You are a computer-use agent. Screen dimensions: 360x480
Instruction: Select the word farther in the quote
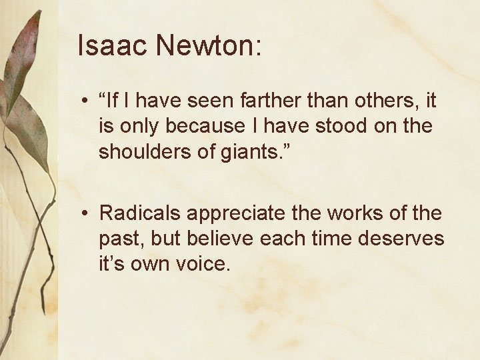tap(286, 101)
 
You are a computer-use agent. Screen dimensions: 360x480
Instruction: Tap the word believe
tap(217, 239)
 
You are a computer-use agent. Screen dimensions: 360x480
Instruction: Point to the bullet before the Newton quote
tap(85, 102)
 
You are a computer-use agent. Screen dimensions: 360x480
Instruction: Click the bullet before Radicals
tap(85, 214)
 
